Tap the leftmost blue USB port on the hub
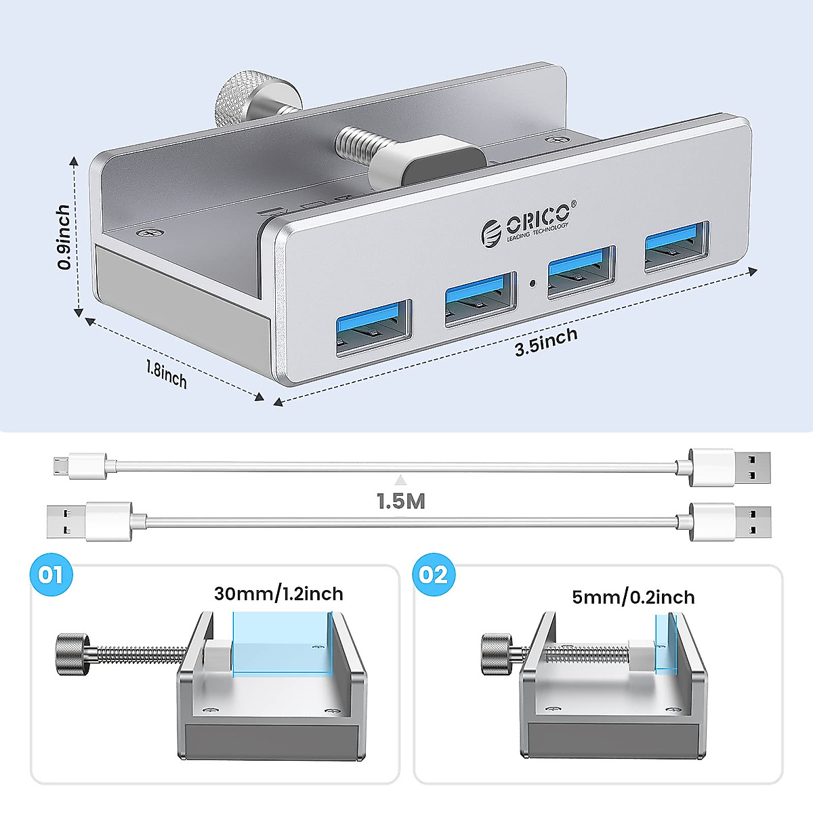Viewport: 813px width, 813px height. click(373, 327)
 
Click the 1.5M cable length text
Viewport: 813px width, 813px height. click(401, 501)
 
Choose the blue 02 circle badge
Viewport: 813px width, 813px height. click(433, 575)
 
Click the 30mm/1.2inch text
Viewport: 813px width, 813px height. click(278, 594)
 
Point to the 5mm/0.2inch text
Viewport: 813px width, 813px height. click(633, 597)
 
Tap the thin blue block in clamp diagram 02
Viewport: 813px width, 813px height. click(665, 643)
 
